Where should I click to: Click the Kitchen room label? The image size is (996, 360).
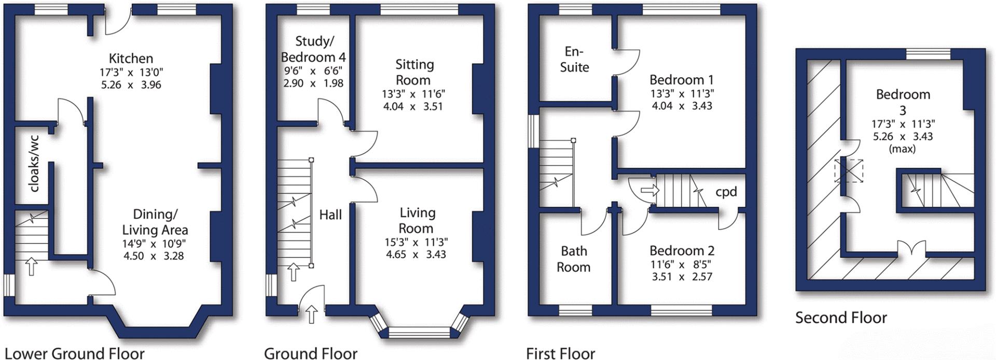(x=131, y=58)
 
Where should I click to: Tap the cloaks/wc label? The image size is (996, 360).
(x=34, y=164)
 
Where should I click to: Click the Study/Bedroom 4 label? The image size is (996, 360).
(x=313, y=49)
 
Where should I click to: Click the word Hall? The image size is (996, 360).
(x=330, y=214)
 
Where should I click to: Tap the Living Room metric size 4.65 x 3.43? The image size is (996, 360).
(x=416, y=254)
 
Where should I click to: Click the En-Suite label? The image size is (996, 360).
(x=574, y=59)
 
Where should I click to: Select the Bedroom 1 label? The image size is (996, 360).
(x=681, y=80)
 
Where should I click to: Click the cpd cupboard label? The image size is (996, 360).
(x=726, y=192)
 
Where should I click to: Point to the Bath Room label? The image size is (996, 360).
(x=574, y=259)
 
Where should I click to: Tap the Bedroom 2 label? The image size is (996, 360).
(x=682, y=251)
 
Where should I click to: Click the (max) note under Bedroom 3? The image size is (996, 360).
(x=902, y=149)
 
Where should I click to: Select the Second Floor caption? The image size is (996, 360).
(x=841, y=318)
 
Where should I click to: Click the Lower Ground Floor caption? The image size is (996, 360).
(x=74, y=353)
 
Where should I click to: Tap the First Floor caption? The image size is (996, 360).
(x=560, y=353)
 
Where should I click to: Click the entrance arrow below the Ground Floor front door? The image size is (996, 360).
(x=311, y=314)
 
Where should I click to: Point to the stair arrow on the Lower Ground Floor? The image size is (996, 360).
(x=31, y=267)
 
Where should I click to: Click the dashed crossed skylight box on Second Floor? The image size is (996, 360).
(x=849, y=170)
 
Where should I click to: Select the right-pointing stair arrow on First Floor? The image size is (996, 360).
(x=649, y=191)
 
